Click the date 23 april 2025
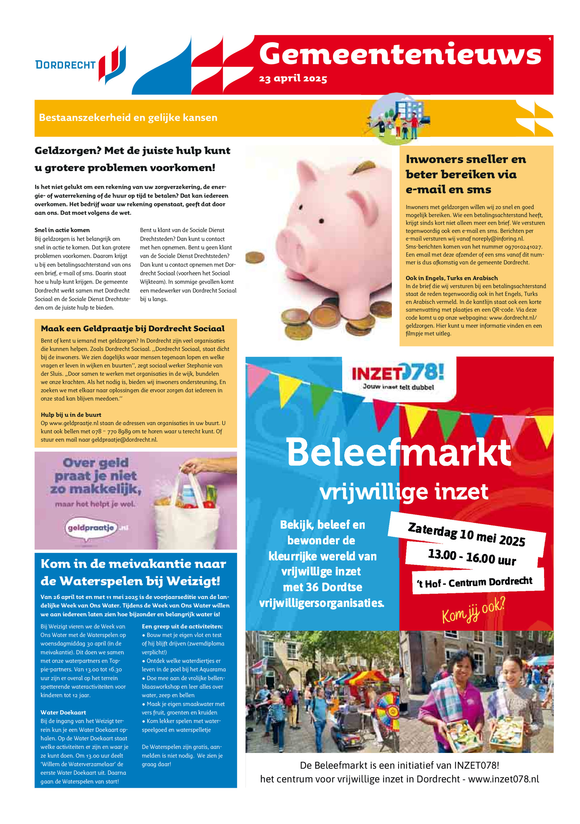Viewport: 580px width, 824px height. point(293,79)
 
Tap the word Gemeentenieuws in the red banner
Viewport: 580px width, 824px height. point(400,54)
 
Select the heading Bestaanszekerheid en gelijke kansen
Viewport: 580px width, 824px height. point(128,118)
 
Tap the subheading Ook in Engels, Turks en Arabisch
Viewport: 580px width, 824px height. point(451,278)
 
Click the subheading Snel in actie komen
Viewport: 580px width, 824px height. point(62,230)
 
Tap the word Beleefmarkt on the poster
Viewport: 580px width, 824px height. point(398,453)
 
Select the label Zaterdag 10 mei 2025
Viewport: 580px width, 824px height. point(466,534)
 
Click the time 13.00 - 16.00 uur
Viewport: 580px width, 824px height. point(472,557)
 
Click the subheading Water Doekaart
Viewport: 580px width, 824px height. point(63,712)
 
